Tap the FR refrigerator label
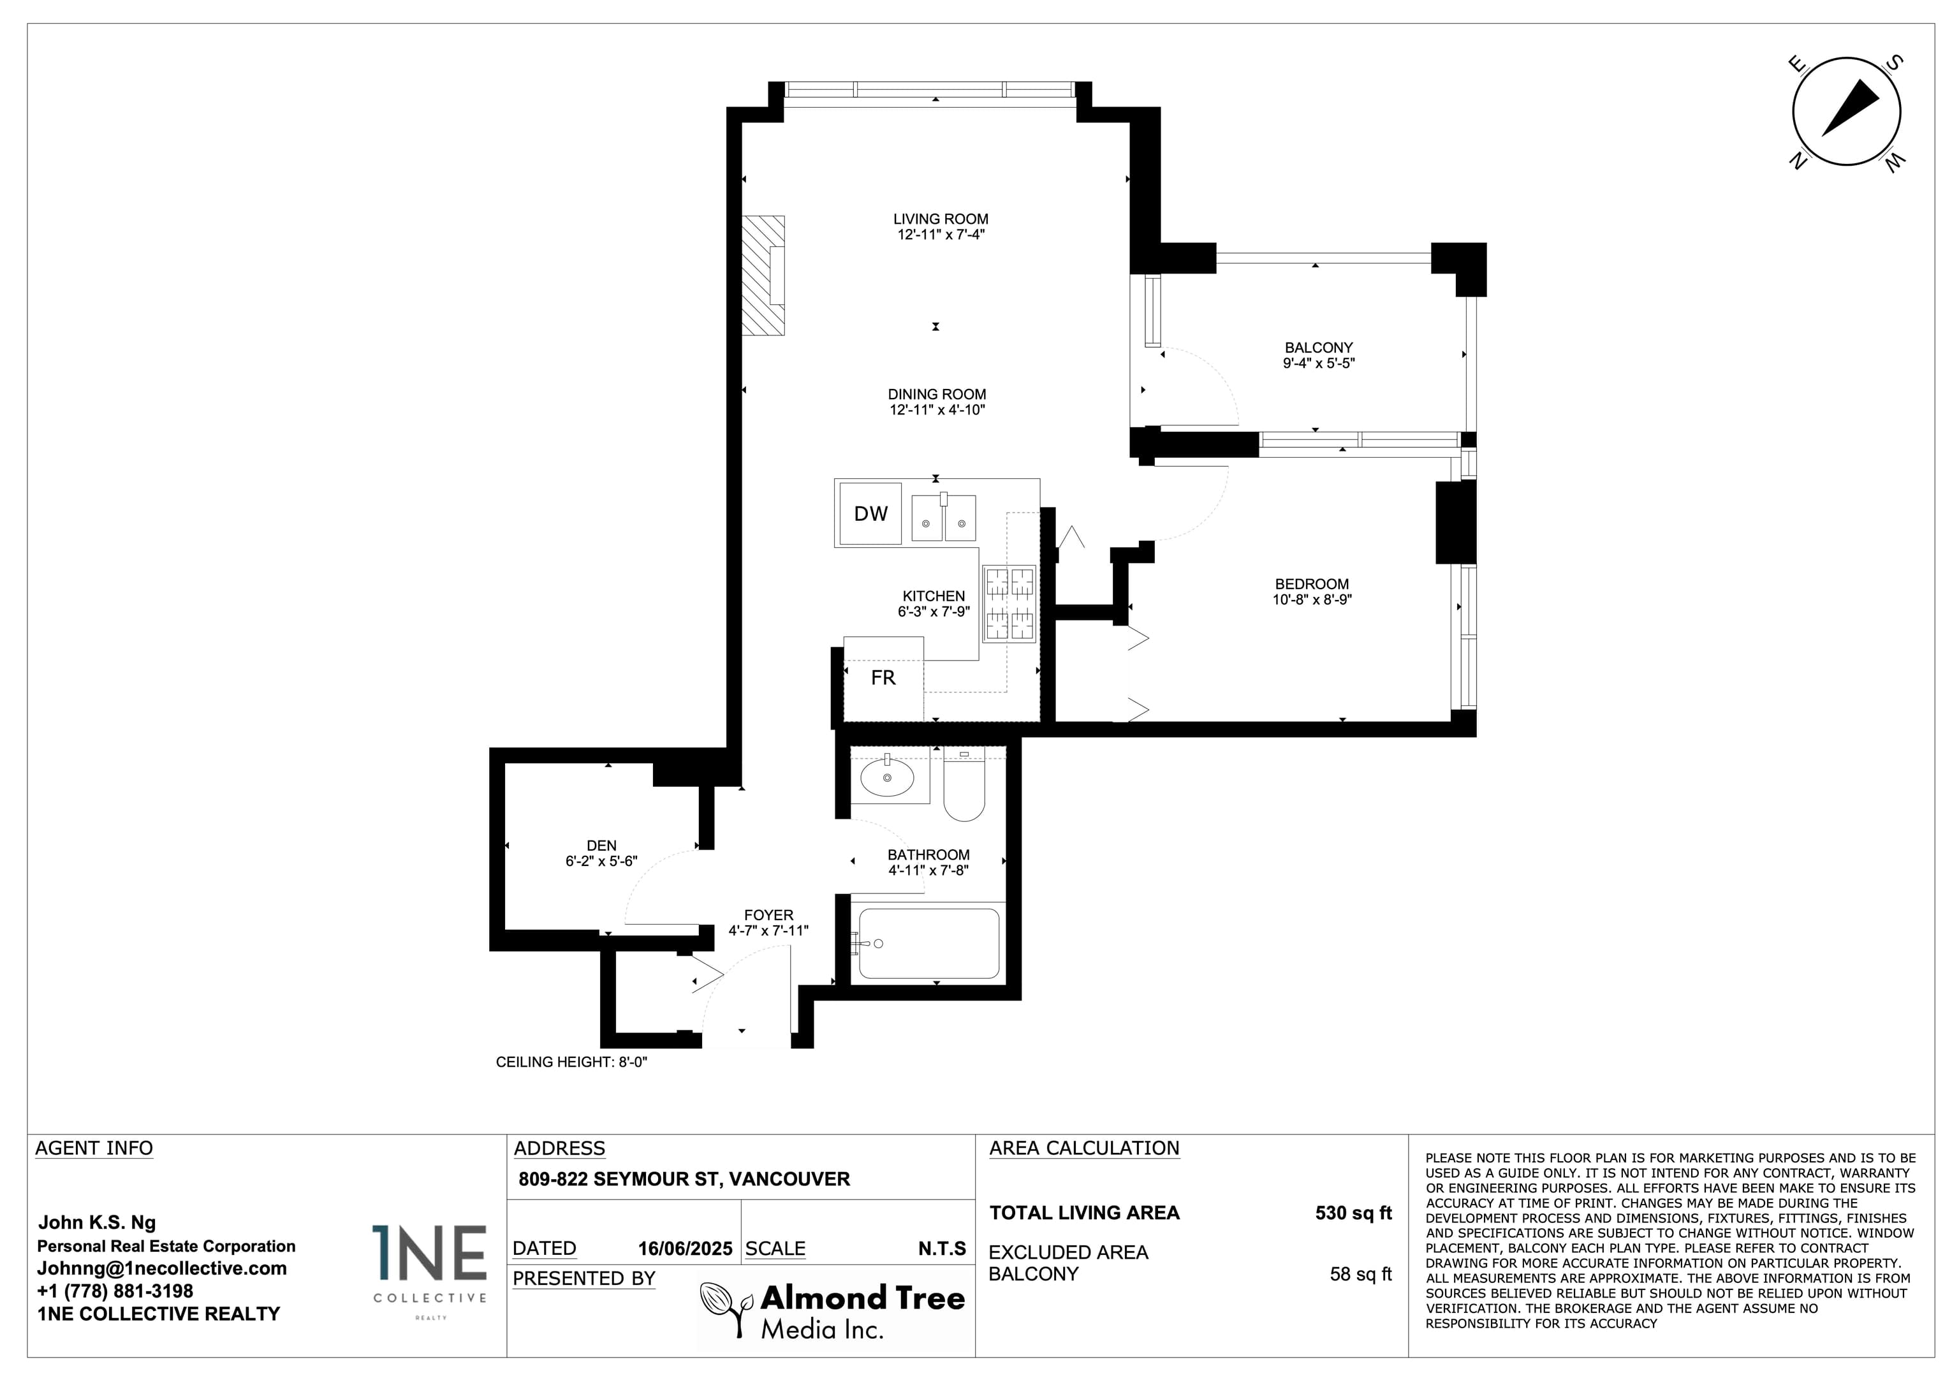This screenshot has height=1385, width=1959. [883, 678]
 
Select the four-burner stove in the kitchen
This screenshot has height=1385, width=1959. [1009, 603]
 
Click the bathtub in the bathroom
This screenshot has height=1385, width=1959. [928, 943]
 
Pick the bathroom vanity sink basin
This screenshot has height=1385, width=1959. [887, 777]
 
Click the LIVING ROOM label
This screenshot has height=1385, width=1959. [940, 219]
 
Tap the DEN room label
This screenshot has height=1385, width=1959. [601, 846]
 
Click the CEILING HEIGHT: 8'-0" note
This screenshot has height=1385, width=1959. [571, 1062]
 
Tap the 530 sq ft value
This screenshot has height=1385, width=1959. [1353, 1213]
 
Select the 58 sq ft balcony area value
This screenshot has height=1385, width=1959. [1360, 1274]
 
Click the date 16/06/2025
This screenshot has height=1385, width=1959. [685, 1249]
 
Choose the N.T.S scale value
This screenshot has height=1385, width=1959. [942, 1249]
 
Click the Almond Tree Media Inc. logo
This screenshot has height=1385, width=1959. [832, 1311]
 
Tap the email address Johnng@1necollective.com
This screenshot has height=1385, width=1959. [162, 1268]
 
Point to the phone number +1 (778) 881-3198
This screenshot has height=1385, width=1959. [115, 1291]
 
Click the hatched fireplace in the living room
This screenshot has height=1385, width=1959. [763, 275]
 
